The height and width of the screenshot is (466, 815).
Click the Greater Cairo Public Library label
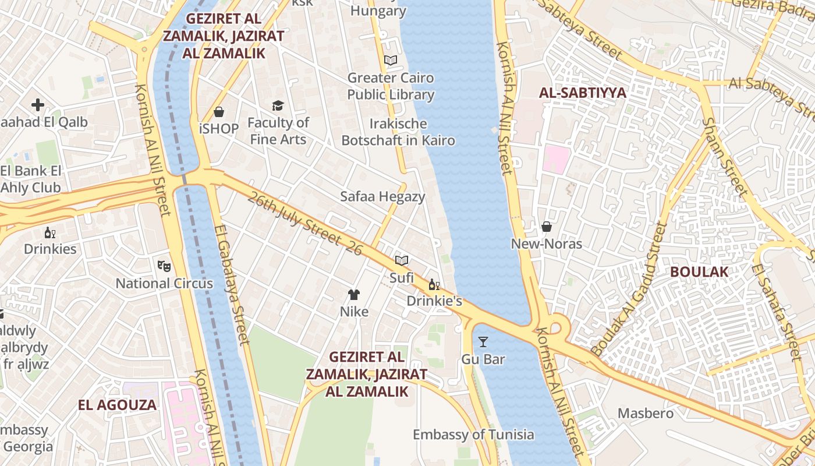[x=391, y=86]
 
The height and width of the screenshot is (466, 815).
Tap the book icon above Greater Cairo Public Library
[x=391, y=60]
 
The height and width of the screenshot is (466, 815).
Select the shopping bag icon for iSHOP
[x=219, y=111]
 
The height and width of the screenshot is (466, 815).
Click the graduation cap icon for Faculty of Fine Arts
[x=278, y=105]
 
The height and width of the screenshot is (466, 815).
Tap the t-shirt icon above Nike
[x=354, y=294]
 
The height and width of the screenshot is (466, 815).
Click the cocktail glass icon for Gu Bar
[x=483, y=341]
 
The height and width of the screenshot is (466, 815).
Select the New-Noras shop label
[x=546, y=243]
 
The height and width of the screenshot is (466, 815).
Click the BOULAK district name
[x=699, y=271]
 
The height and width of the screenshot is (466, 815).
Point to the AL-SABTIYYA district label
[x=582, y=93]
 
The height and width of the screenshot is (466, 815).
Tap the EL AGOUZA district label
[x=118, y=405]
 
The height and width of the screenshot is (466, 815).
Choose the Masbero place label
[x=645, y=414]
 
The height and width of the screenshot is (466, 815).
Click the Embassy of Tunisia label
[x=473, y=435]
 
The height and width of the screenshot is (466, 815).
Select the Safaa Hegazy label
[x=382, y=196]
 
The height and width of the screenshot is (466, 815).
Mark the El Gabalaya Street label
[x=231, y=285]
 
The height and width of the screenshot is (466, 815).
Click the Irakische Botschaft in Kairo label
[x=398, y=132]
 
